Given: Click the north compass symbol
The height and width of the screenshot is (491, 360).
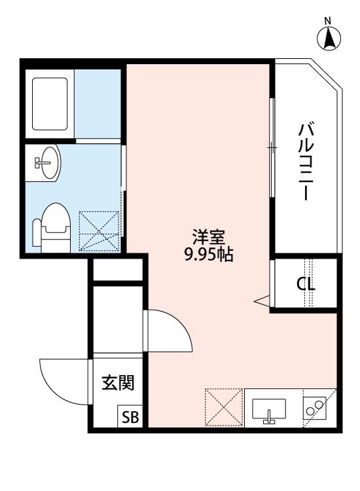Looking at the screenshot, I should tap(331, 40).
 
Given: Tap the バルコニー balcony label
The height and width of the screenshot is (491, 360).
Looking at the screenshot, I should tap(304, 161).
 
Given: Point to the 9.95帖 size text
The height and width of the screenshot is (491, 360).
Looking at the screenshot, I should tap(209, 255).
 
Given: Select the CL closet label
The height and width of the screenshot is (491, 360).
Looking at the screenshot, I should tap(306, 285).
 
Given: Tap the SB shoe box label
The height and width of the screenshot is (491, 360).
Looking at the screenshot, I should tap(128, 418).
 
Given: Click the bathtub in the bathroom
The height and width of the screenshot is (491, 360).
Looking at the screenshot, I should tap(50, 104).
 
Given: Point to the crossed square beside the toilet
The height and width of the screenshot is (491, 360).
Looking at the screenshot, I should tap(99, 230).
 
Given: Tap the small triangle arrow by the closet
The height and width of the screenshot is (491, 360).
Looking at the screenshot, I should tap(262, 300).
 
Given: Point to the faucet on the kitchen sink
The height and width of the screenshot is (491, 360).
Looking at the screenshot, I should tap(269, 418).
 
